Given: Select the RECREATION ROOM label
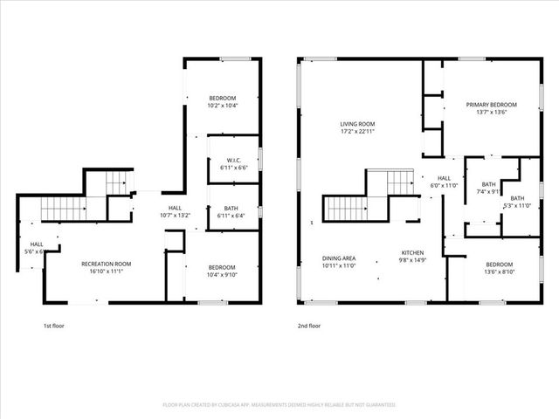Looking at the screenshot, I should point(106,264).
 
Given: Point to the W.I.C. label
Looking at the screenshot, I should point(232,159).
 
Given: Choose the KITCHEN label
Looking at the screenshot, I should point(412,251).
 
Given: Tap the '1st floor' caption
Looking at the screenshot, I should point(54,326).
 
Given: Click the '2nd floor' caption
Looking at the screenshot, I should point(308,326).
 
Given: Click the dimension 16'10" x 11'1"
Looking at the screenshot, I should point(106,271).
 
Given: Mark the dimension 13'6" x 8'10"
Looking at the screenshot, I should point(499,271).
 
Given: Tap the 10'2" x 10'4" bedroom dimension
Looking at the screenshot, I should point(223,105).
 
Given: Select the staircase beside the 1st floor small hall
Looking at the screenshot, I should point(64,209).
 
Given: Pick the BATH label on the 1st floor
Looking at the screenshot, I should point(231,208).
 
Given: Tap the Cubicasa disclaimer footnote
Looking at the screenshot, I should point(279,405).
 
